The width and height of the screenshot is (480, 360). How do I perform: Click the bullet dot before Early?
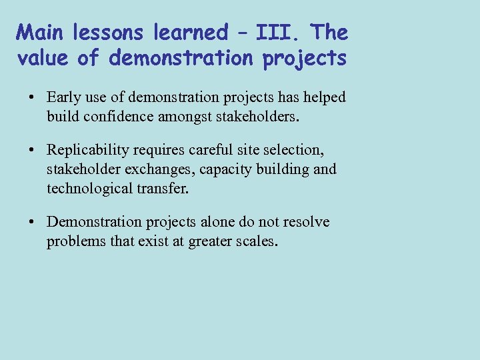[x=32, y=98]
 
